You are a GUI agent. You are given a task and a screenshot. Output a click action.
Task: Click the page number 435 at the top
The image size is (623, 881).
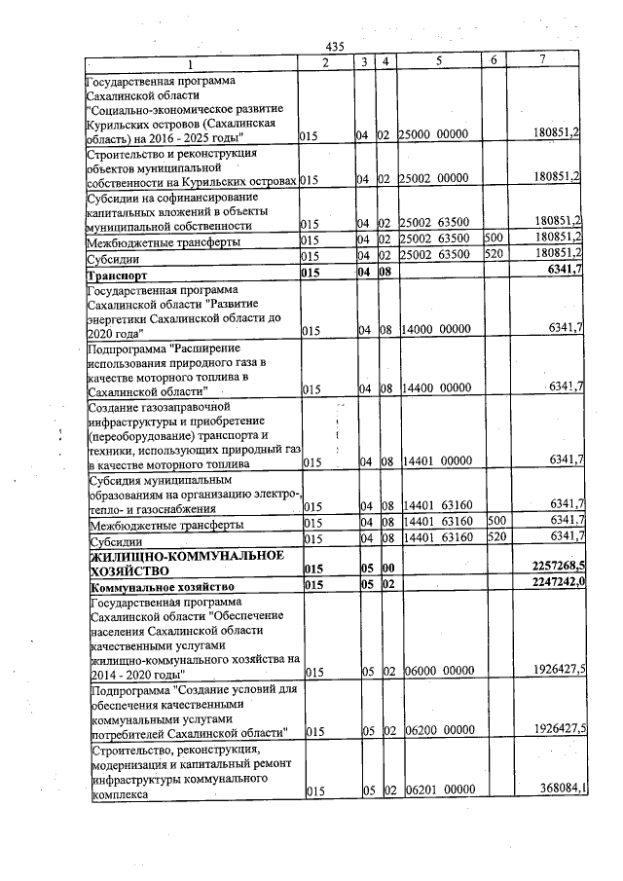(x=336, y=47)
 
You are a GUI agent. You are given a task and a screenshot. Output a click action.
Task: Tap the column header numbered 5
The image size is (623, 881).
(x=439, y=61)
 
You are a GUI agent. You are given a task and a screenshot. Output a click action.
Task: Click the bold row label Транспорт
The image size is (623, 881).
(x=117, y=271)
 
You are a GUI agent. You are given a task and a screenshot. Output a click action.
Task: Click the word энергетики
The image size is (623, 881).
(x=124, y=317)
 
